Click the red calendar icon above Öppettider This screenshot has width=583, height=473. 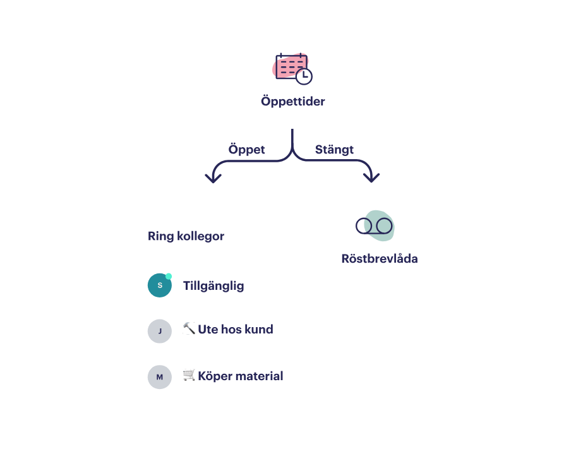(x=291, y=66)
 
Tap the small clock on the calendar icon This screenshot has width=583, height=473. (x=304, y=76)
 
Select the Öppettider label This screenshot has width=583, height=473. (x=292, y=101)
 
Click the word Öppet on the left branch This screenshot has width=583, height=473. (x=246, y=150)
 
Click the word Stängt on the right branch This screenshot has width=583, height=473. (x=334, y=150)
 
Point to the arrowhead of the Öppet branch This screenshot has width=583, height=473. (x=213, y=179)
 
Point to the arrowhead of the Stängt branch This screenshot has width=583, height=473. (x=372, y=179)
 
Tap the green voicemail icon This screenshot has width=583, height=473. (x=376, y=225)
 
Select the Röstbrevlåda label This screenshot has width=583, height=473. (x=379, y=258)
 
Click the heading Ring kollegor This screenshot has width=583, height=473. (x=186, y=236)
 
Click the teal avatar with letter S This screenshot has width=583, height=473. (x=159, y=285)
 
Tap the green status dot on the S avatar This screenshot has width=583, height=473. (x=169, y=276)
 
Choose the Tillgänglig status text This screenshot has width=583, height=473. (x=213, y=285)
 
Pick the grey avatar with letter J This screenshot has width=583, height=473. (x=159, y=331)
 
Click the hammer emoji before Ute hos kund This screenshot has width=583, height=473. (x=189, y=329)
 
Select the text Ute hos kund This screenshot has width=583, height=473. (x=235, y=329)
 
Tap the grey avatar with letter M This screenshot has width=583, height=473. (x=159, y=377)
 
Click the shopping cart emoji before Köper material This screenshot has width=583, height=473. (x=189, y=376)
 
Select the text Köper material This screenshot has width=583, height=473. (x=240, y=376)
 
